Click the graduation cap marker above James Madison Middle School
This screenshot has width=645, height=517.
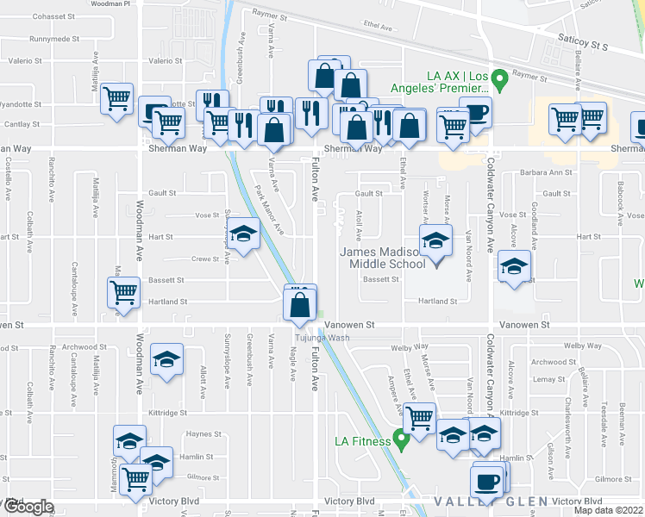pos(435,240)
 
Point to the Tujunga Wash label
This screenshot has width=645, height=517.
pos(323,337)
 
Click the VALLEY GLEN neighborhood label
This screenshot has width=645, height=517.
pos(478,501)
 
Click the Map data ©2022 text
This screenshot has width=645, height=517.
pos(609,511)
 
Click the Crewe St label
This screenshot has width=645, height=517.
pos(205,258)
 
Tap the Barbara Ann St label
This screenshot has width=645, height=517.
pos(547,172)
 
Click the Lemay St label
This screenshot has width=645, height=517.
pos(548,379)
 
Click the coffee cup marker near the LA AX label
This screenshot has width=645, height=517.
pos(474,111)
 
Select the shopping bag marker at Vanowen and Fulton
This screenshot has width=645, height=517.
pos(299,304)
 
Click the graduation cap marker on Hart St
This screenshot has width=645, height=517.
pos(243,234)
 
